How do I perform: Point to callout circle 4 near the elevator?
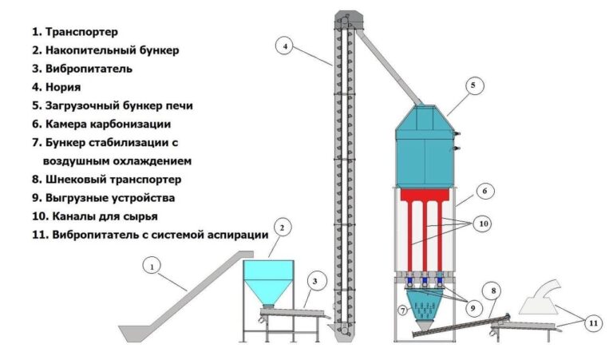click(x=284, y=47)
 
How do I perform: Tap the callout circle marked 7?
click(x=404, y=309)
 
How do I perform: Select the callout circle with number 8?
click(x=495, y=291)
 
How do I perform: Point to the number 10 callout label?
click(x=482, y=225)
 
